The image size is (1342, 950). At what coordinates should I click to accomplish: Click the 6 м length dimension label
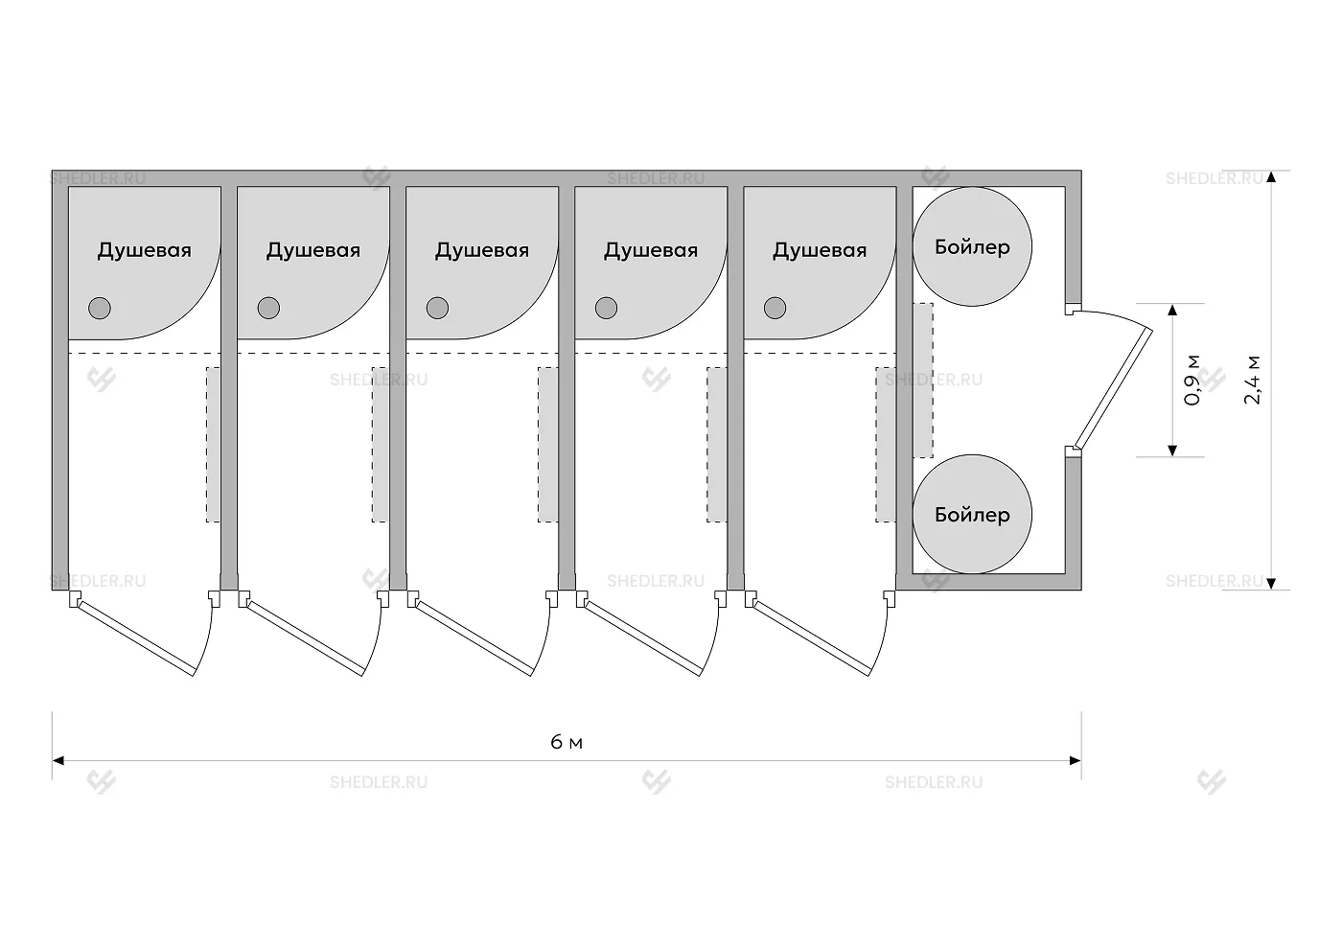[567, 743]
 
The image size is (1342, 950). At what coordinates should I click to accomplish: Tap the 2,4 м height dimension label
[1253, 380]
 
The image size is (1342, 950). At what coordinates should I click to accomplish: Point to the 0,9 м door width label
[1192, 380]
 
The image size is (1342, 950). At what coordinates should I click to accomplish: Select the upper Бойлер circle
[972, 246]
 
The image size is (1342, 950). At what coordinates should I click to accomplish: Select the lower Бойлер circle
[972, 515]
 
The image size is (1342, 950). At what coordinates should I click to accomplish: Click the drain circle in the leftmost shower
[100, 308]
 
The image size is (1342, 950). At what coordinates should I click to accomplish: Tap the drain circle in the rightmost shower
[775, 308]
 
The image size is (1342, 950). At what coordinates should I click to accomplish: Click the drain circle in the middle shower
[437, 308]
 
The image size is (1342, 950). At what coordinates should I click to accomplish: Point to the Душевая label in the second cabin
[313, 250]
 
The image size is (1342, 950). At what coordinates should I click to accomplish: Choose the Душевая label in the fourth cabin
[651, 250]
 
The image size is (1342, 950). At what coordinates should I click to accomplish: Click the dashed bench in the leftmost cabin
[214, 444]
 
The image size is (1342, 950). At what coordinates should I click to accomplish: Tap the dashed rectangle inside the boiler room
[922, 380]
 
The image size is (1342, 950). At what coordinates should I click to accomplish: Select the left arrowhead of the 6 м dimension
[58, 761]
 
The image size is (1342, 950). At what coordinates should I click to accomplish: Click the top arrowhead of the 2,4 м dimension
[1272, 177]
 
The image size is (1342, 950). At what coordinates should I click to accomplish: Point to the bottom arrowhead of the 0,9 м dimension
[1171, 451]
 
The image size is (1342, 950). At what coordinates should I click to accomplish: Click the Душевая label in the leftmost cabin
[145, 250]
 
